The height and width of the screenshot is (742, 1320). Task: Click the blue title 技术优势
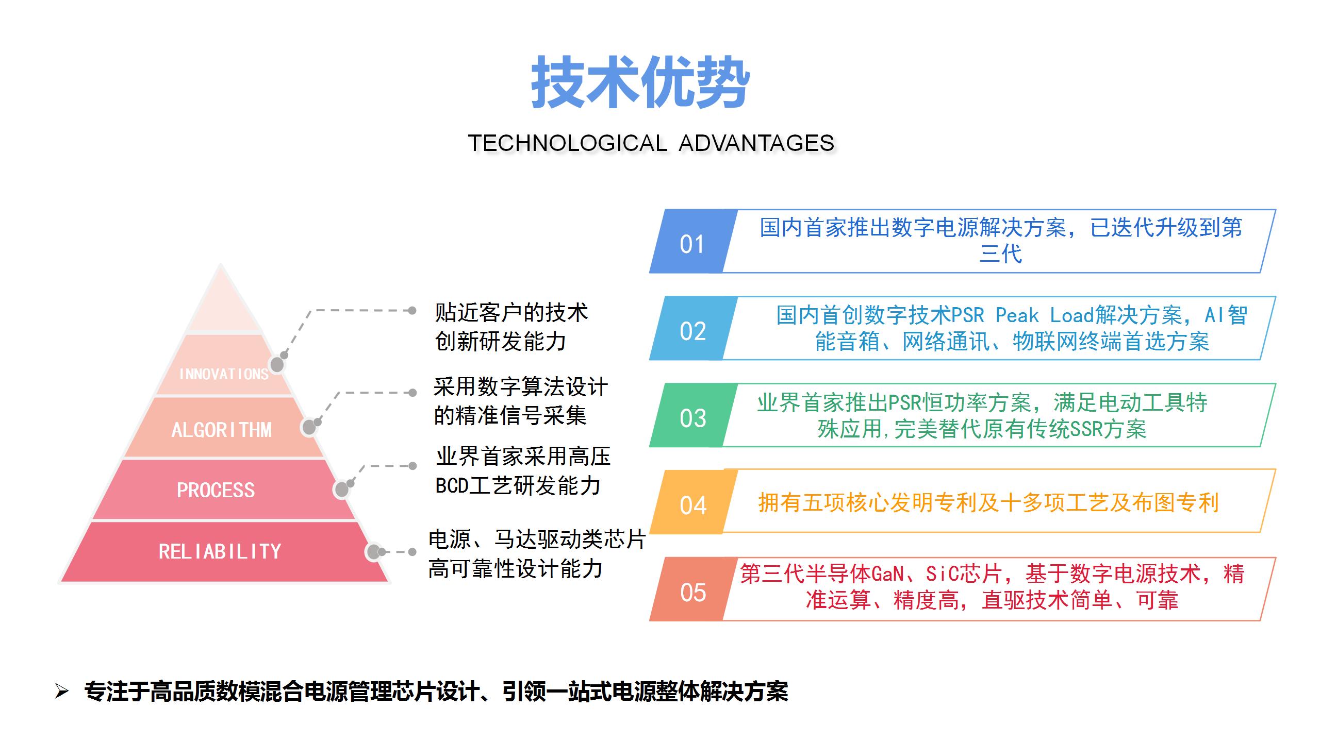[640, 82]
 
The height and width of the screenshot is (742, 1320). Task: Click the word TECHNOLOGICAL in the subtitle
[567, 143]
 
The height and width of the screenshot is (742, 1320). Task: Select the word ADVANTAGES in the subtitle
[756, 143]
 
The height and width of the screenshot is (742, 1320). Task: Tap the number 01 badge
[691, 244]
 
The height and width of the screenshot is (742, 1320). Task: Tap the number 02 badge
[692, 331]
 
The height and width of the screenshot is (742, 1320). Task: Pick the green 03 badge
[692, 418]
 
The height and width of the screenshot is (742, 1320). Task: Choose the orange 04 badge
[692, 505]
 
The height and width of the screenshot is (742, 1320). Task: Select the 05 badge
[692, 593]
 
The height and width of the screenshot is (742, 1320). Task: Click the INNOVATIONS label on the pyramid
[224, 374]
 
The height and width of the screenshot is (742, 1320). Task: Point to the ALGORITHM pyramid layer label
[222, 430]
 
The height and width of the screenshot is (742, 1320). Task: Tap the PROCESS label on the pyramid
[216, 490]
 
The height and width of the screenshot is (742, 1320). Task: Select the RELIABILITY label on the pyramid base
[220, 552]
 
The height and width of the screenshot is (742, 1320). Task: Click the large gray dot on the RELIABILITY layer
[373, 552]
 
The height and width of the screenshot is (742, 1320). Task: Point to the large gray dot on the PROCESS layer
[341, 490]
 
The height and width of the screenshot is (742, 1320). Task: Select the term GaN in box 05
[887, 574]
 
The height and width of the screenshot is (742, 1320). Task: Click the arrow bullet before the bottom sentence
[61, 692]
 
